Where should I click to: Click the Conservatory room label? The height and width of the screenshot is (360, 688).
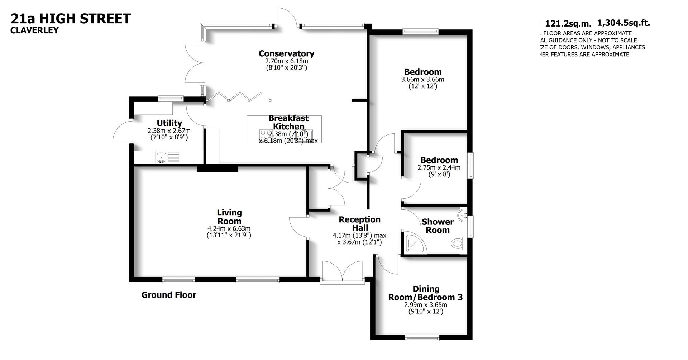click(286, 54)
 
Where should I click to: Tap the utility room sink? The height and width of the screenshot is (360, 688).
click(162, 157)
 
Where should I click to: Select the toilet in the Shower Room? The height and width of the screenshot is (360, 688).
click(457, 243)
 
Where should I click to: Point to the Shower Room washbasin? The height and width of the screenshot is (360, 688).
click(464, 215)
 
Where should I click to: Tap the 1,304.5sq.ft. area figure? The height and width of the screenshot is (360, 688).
click(623, 23)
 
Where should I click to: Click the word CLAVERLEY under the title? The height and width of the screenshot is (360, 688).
click(34, 30)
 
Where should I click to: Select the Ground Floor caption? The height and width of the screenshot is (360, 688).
click(169, 295)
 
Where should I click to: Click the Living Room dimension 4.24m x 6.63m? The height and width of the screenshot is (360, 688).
click(229, 228)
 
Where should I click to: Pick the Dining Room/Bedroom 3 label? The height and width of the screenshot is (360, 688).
click(425, 293)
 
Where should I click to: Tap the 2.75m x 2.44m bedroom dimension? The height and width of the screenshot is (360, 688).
click(439, 167)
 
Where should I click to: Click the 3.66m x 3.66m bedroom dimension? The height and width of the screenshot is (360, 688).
click(422, 80)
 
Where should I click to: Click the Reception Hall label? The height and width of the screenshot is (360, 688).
click(359, 224)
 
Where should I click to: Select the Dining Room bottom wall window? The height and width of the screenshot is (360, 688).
click(422, 337)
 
